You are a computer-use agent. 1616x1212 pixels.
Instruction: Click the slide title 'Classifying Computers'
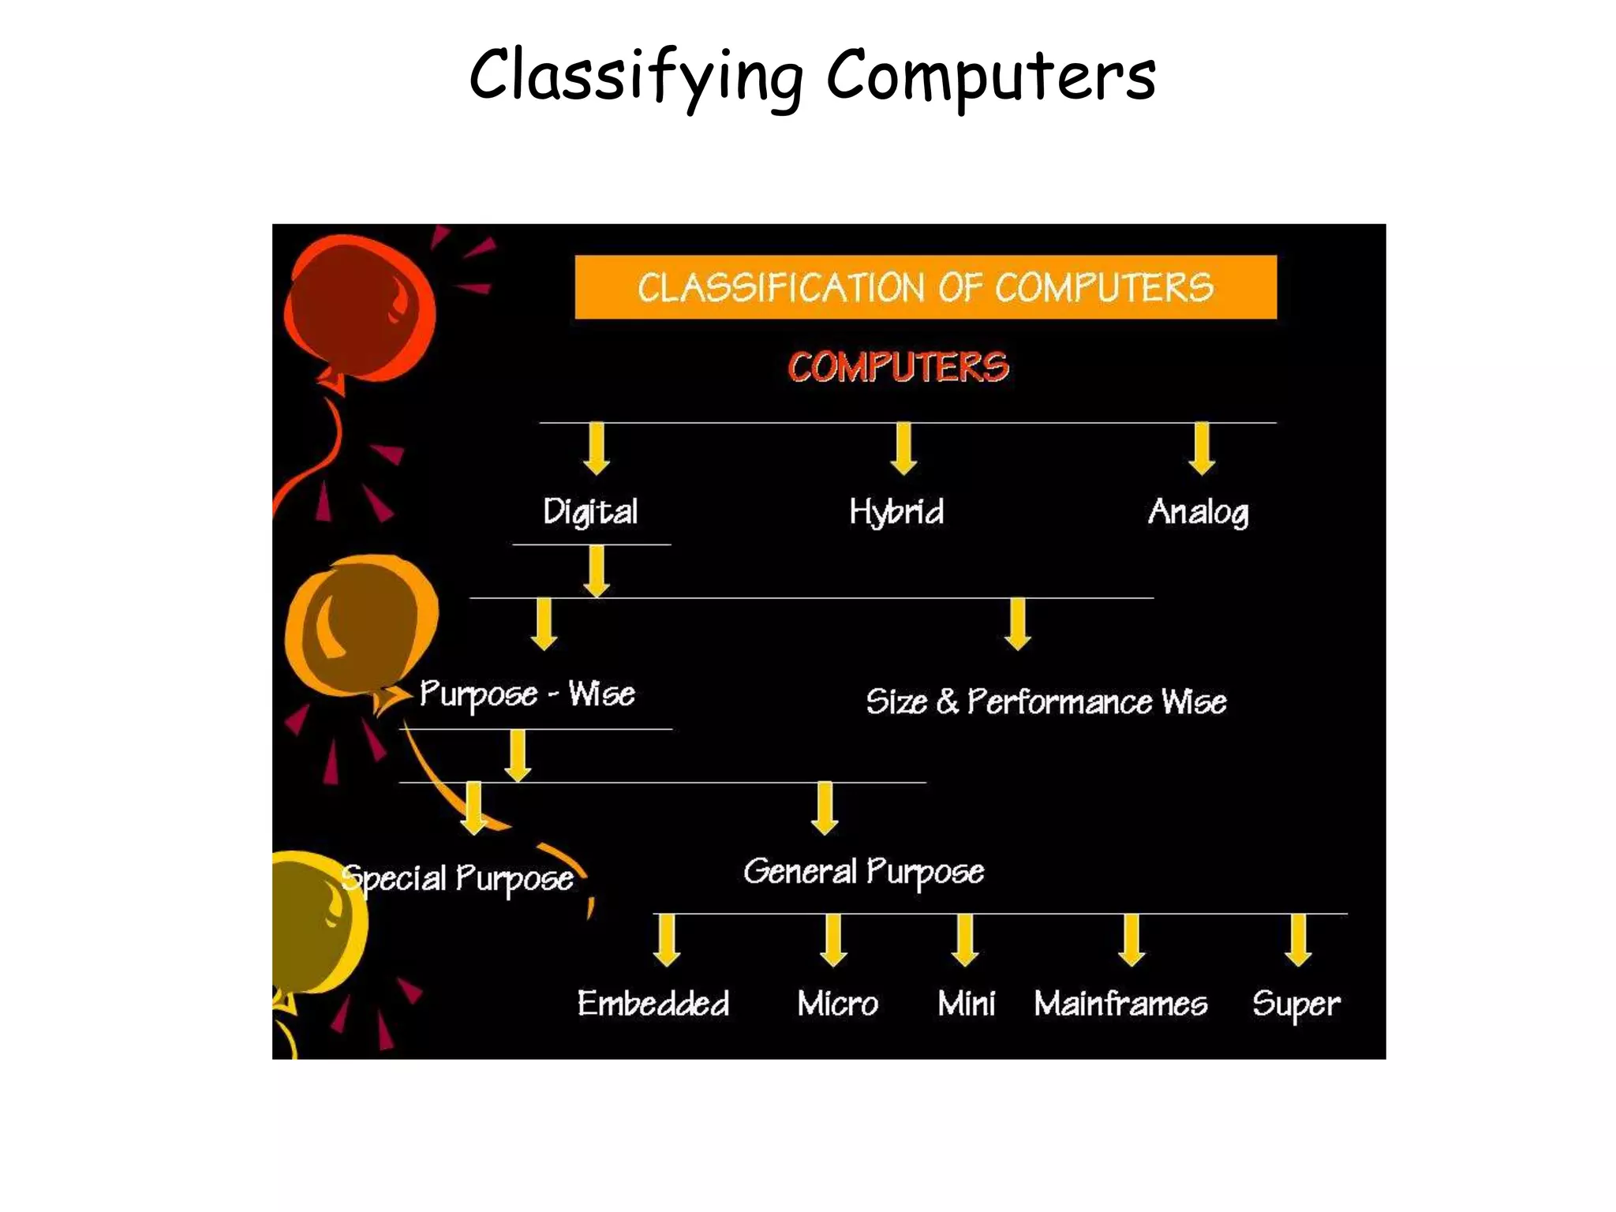(813, 77)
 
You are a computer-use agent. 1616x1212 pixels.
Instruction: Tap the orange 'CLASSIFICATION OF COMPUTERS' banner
(925, 287)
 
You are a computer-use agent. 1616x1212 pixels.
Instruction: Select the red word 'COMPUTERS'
(898, 367)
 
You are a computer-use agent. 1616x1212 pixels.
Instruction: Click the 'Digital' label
(590, 512)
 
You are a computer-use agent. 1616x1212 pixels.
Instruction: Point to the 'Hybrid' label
(896, 512)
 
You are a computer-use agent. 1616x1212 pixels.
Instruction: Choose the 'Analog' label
(1199, 512)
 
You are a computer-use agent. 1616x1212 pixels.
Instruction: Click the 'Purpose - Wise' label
(527, 694)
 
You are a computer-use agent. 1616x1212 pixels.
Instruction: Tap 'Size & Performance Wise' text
(1046, 701)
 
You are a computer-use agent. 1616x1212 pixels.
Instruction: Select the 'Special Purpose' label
(458, 878)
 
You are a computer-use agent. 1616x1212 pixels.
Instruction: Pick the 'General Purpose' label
(863, 872)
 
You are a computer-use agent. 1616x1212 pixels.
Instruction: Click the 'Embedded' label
(653, 1004)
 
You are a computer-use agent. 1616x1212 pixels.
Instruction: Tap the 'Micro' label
(837, 1004)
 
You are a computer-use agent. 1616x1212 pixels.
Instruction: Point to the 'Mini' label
(967, 1004)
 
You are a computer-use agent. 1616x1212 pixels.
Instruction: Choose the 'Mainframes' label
(1120, 1004)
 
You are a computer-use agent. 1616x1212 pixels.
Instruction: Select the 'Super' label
(1296, 1004)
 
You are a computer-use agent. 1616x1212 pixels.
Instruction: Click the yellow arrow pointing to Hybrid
(903, 448)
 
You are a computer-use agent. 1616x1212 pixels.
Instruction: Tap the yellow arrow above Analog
(1202, 448)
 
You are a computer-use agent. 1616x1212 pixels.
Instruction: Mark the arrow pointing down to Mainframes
(1132, 940)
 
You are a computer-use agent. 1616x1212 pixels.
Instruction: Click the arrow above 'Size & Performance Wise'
(1018, 623)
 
